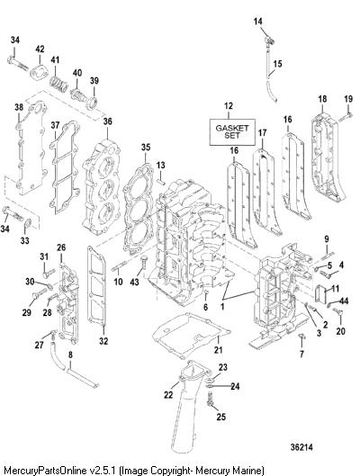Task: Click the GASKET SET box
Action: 232,131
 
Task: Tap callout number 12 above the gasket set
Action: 229,106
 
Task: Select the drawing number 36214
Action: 301,447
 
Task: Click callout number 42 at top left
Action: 40,49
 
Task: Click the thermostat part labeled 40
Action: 76,93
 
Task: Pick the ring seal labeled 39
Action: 92,103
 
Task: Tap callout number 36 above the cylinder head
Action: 107,121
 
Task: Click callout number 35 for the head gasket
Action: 146,148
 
